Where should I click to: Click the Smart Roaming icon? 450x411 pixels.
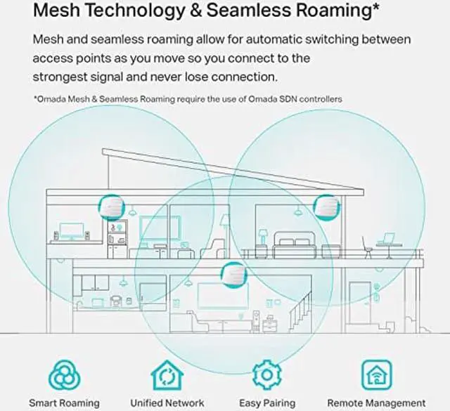tap(63, 375)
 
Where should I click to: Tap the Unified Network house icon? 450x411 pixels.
tap(166, 375)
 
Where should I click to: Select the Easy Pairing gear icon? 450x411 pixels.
tap(267, 375)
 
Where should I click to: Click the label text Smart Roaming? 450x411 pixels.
tap(64, 403)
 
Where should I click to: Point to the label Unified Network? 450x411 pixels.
tap(166, 403)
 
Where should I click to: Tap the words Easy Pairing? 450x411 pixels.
tap(267, 403)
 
